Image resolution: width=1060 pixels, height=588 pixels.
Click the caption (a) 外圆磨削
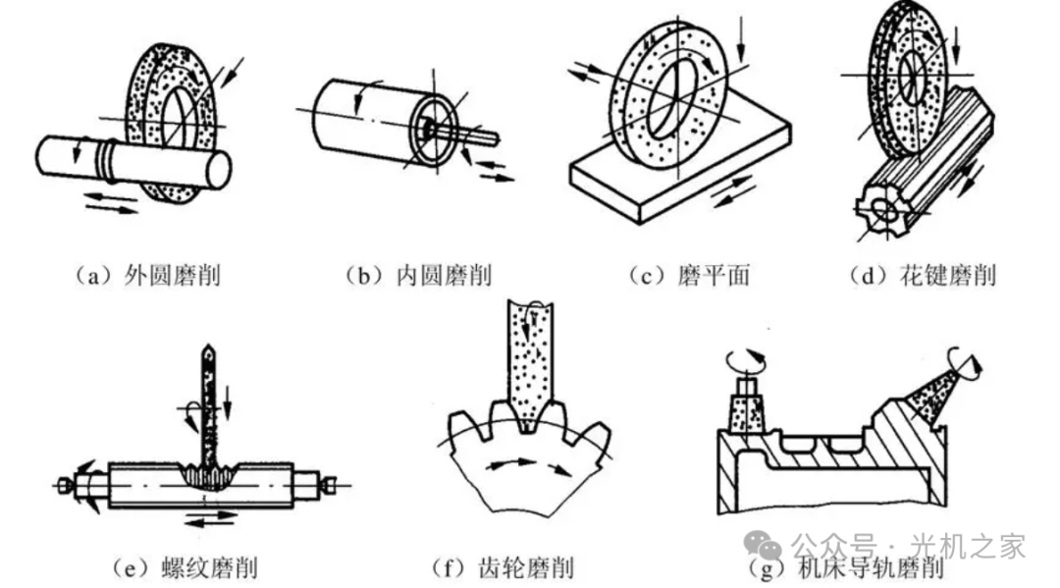(147, 276)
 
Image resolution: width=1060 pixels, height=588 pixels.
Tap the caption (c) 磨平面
(688, 276)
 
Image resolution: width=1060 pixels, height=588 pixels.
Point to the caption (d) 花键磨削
(922, 276)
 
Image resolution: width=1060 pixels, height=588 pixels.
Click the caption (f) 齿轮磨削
(502, 567)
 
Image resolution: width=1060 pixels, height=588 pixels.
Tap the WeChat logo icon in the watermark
(763, 546)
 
